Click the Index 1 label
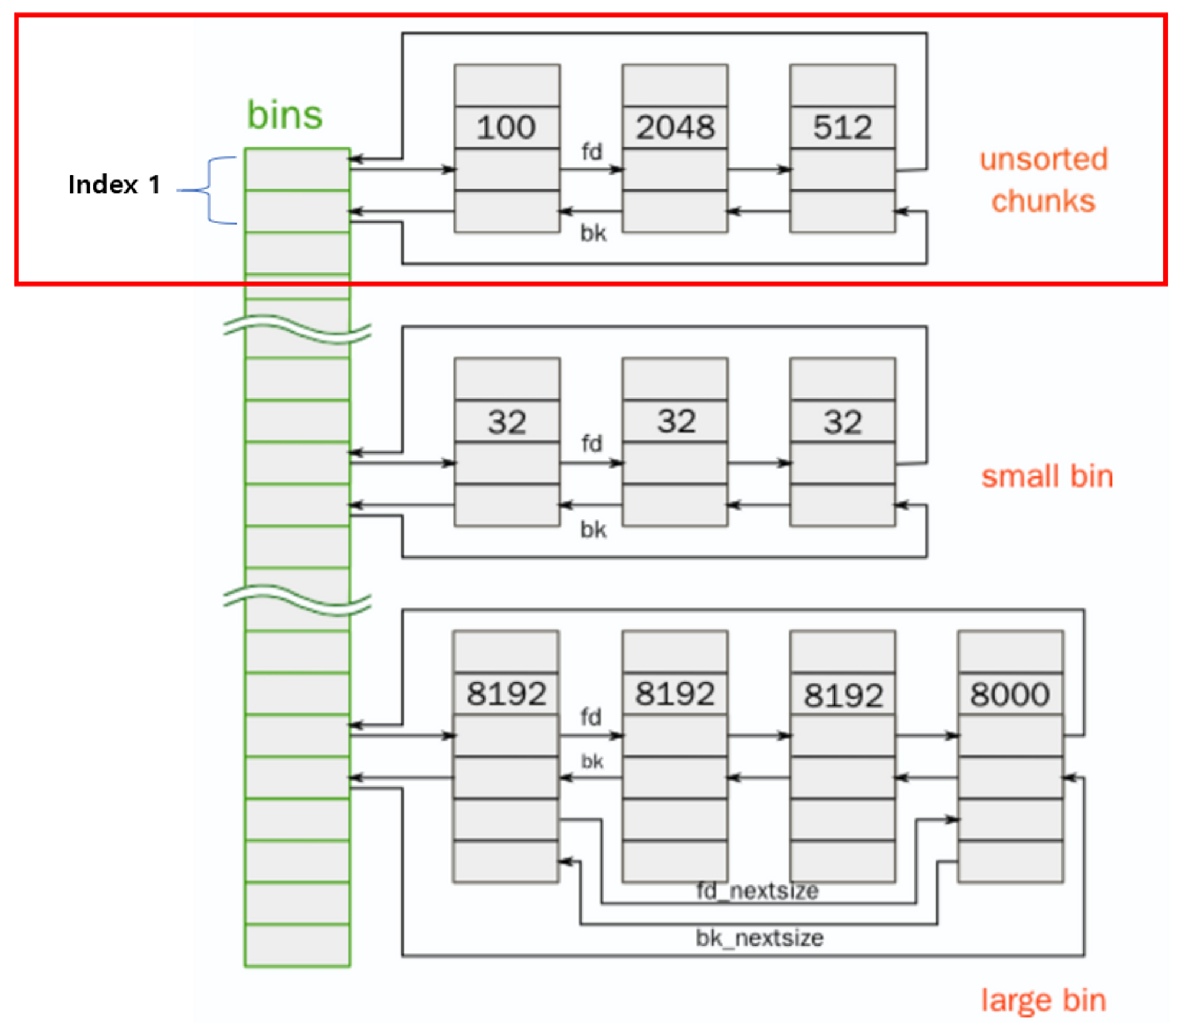click(x=114, y=185)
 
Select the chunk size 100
click(x=506, y=127)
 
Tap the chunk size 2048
click(x=675, y=127)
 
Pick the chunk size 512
click(x=843, y=127)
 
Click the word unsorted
click(x=1044, y=159)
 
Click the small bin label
click(x=1047, y=476)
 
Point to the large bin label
click(x=1043, y=1001)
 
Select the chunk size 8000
click(x=1010, y=695)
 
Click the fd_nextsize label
click(x=758, y=891)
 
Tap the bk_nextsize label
click(x=759, y=938)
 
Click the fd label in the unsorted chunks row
click(x=592, y=152)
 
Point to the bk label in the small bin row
click(x=593, y=529)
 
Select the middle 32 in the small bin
click(x=676, y=422)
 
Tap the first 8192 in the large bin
click(x=506, y=694)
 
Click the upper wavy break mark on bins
click(x=297, y=329)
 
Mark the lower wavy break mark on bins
click(x=297, y=600)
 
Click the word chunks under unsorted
click(x=1043, y=201)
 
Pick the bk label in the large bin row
click(x=592, y=761)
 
